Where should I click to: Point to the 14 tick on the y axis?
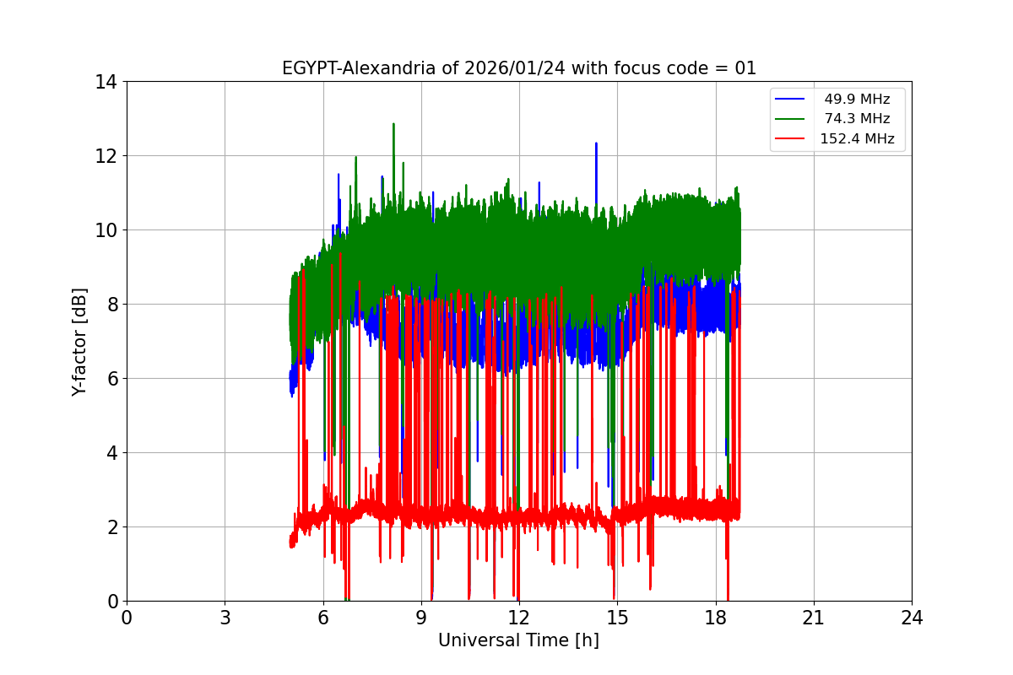[x=106, y=82]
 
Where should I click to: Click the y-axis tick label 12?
[x=106, y=156]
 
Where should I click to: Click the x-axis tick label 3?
[x=225, y=618]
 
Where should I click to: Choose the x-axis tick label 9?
[x=421, y=618]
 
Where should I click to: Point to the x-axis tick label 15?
[x=617, y=618]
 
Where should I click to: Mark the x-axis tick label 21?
[x=814, y=618]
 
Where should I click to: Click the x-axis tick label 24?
[x=912, y=618]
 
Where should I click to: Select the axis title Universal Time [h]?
[x=518, y=640]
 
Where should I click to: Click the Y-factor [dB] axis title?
[x=79, y=341]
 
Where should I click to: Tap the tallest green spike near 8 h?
[x=393, y=125]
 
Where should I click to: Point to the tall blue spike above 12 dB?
[x=596, y=144]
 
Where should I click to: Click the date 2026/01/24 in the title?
[x=515, y=68]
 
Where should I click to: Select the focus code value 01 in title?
[x=745, y=68]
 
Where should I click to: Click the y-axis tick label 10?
[x=106, y=230]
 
